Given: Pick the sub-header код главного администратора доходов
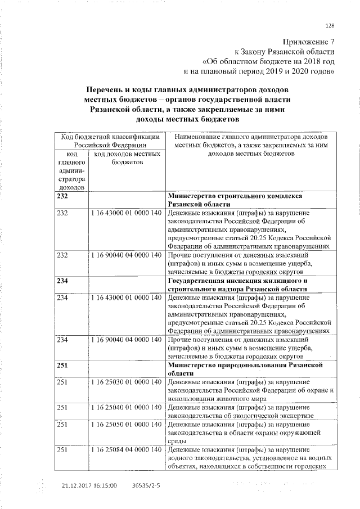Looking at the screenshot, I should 71,170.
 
